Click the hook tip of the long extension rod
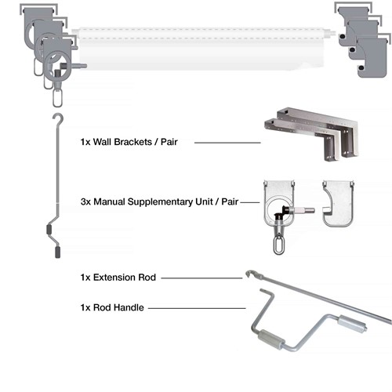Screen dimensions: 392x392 [249, 274]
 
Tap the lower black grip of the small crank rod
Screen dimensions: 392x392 [56, 252]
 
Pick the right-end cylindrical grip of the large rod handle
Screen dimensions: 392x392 [349, 324]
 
